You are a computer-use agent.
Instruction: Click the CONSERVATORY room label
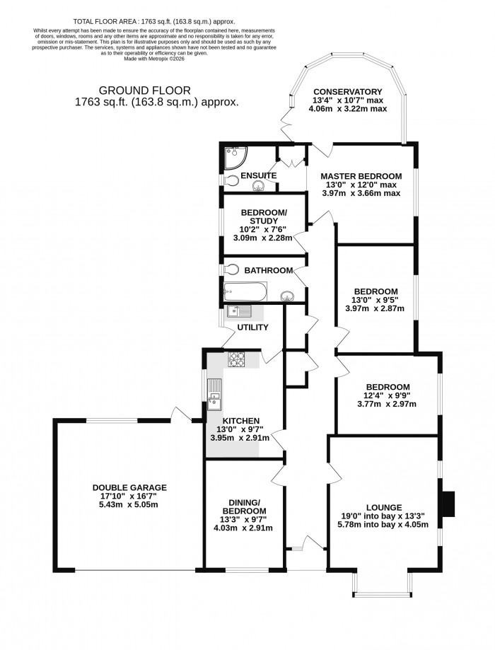(347, 92)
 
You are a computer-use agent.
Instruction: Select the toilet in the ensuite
(231, 180)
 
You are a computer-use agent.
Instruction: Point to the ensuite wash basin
(259, 186)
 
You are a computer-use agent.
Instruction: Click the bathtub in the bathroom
(244, 290)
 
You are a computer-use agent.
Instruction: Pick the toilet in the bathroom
(231, 269)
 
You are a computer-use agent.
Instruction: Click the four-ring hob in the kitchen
(236, 360)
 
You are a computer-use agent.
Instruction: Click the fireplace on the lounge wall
(446, 504)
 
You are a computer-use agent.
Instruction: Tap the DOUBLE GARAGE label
(129, 487)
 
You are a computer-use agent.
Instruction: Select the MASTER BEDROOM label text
(361, 176)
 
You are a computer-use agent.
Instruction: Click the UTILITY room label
(253, 327)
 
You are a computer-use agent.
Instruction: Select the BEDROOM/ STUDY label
(263, 217)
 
